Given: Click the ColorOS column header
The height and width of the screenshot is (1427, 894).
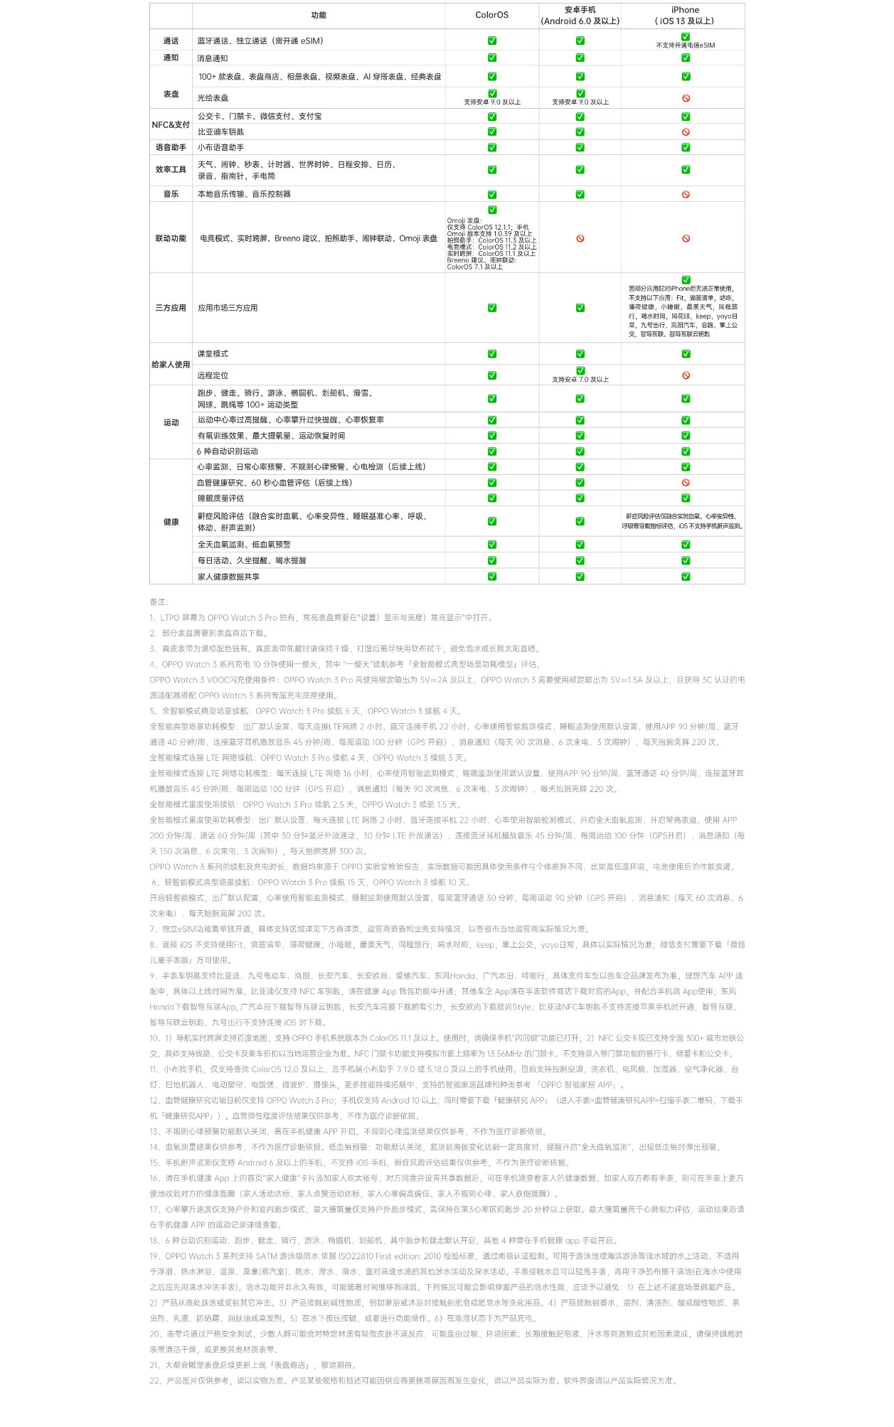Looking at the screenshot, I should tap(491, 15).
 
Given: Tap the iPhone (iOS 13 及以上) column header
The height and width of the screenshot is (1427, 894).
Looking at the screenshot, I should tap(684, 15).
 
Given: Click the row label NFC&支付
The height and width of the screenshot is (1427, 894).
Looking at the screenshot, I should tap(171, 124).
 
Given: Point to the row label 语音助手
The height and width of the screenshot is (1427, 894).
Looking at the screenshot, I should tap(171, 147).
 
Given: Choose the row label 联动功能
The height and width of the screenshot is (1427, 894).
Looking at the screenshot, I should tap(171, 238).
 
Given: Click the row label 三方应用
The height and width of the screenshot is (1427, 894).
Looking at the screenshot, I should tap(171, 308).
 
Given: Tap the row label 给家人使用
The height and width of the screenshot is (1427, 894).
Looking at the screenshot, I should tap(171, 364).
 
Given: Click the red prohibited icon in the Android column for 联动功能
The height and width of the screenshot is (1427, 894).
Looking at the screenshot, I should tap(580, 239).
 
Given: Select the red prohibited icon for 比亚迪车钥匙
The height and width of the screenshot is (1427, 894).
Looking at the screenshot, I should tap(686, 132).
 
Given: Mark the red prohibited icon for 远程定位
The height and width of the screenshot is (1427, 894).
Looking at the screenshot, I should tap(686, 375).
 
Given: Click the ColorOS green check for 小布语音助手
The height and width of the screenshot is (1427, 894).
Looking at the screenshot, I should tap(492, 148).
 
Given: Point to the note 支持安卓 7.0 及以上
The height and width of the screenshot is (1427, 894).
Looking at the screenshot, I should tap(580, 380).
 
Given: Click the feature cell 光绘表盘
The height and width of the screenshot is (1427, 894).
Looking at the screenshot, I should tap(213, 98).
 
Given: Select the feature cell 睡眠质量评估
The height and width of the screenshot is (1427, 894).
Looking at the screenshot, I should tap(220, 498).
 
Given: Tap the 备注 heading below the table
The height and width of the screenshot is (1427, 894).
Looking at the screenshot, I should tap(159, 602).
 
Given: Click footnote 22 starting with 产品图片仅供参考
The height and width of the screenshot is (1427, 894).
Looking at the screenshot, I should tap(413, 1381).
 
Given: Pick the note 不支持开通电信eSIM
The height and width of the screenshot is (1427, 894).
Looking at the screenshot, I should tap(686, 46).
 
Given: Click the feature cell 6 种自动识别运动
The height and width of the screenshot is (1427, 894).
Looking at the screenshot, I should tap(228, 451).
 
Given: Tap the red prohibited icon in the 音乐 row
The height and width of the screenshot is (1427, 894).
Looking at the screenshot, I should tap(686, 194).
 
